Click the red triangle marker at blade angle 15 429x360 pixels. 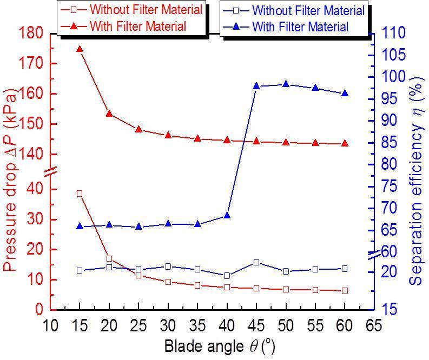click(80, 49)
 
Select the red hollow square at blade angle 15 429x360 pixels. click(80, 193)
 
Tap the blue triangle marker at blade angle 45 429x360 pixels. click(256, 86)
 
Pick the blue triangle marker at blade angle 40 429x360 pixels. click(227, 215)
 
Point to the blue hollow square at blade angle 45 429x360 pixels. click(256, 262)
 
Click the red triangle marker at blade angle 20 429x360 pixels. click(109, 114)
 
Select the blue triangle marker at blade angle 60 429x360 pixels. click(345, 93)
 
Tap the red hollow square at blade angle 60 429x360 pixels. click(345, 290)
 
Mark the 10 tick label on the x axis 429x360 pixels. click(50, 325)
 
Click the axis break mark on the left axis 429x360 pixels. click(50, 173)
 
